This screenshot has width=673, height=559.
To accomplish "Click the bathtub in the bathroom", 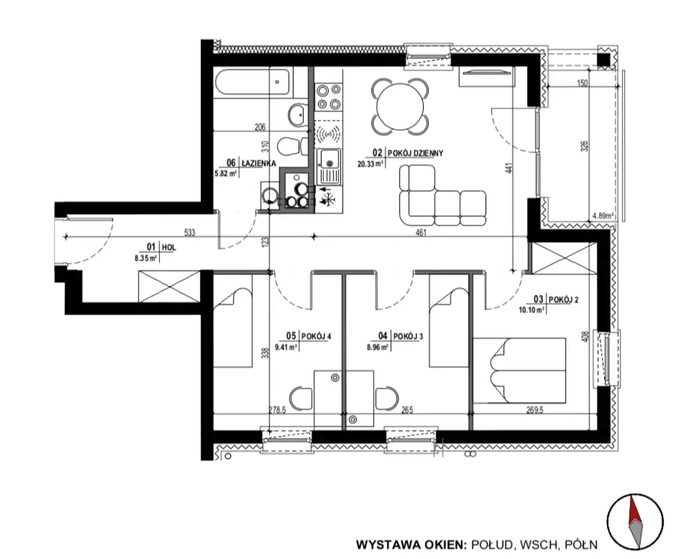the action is click(252, 82).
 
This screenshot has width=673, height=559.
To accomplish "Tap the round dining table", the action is click(400, 107).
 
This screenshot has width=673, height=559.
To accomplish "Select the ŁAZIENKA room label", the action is click(259, 163).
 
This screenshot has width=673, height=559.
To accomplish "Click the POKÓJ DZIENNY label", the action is click(415, 153).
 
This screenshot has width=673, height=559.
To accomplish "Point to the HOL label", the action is click(169, 247).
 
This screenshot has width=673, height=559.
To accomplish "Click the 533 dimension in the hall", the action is click(189, 233).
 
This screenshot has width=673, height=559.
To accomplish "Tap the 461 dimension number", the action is click(421, 233).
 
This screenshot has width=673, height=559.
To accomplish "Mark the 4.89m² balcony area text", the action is click(603, 216).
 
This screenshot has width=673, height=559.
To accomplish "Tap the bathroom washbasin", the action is click(297, 115).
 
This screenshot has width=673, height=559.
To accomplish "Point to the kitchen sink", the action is click(329, 167).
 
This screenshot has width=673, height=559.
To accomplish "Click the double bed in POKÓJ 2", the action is click(519, 370).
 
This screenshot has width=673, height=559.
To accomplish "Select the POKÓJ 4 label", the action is click(316, 336).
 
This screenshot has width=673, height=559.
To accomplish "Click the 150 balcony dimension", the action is click(582, 84).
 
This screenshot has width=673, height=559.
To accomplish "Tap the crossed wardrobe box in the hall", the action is click(169, 286).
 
